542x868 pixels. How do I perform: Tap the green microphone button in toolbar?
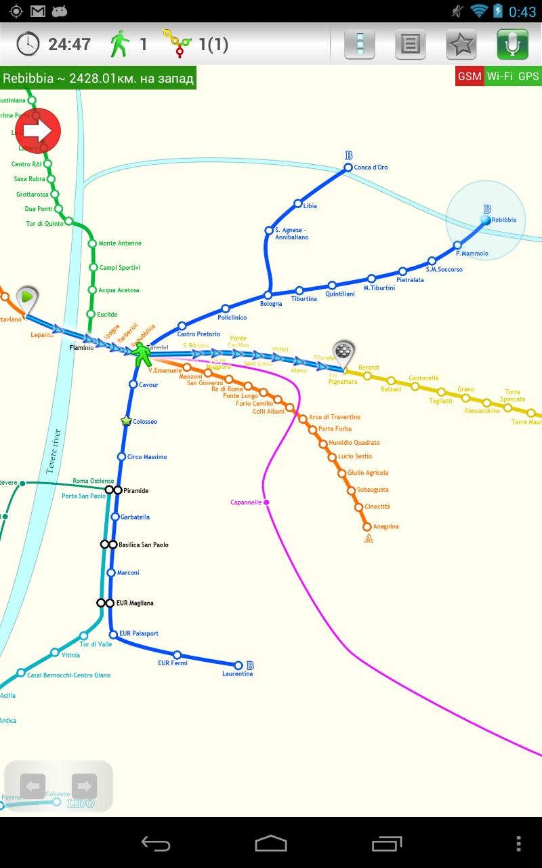(x=512, y=45)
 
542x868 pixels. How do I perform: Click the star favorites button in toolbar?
(x=461, y=45)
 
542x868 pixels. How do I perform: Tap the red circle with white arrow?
(x=38, y=130)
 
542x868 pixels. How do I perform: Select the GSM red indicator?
(x=470, y=76)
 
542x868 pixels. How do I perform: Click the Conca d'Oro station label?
(x=371, y=167)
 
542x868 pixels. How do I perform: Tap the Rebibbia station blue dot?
(x=486, y=220)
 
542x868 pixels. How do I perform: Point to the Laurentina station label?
(x=237, y=674)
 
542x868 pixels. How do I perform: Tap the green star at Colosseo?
(x=126, y=421)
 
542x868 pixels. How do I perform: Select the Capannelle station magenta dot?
(x=267, y=502)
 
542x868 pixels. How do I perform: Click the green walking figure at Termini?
(x=141, y=354)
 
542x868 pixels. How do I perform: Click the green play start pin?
(x=27, y=298)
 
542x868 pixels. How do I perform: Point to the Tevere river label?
(x=54, y=451)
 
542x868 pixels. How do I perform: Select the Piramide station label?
(x=136, y=490)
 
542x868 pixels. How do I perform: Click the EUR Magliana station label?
(x=135, y=603)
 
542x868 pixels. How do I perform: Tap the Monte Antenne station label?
(x=120, y=243)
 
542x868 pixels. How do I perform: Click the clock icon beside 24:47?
(x=28, y=45)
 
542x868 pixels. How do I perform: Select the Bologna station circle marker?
(x=268, y=295)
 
